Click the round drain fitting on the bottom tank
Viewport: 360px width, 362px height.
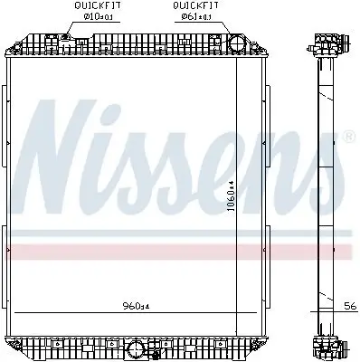pyautogui.click(x=136, y=347)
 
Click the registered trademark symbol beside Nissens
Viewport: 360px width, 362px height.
pyautogui.click(x=349, y=137)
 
